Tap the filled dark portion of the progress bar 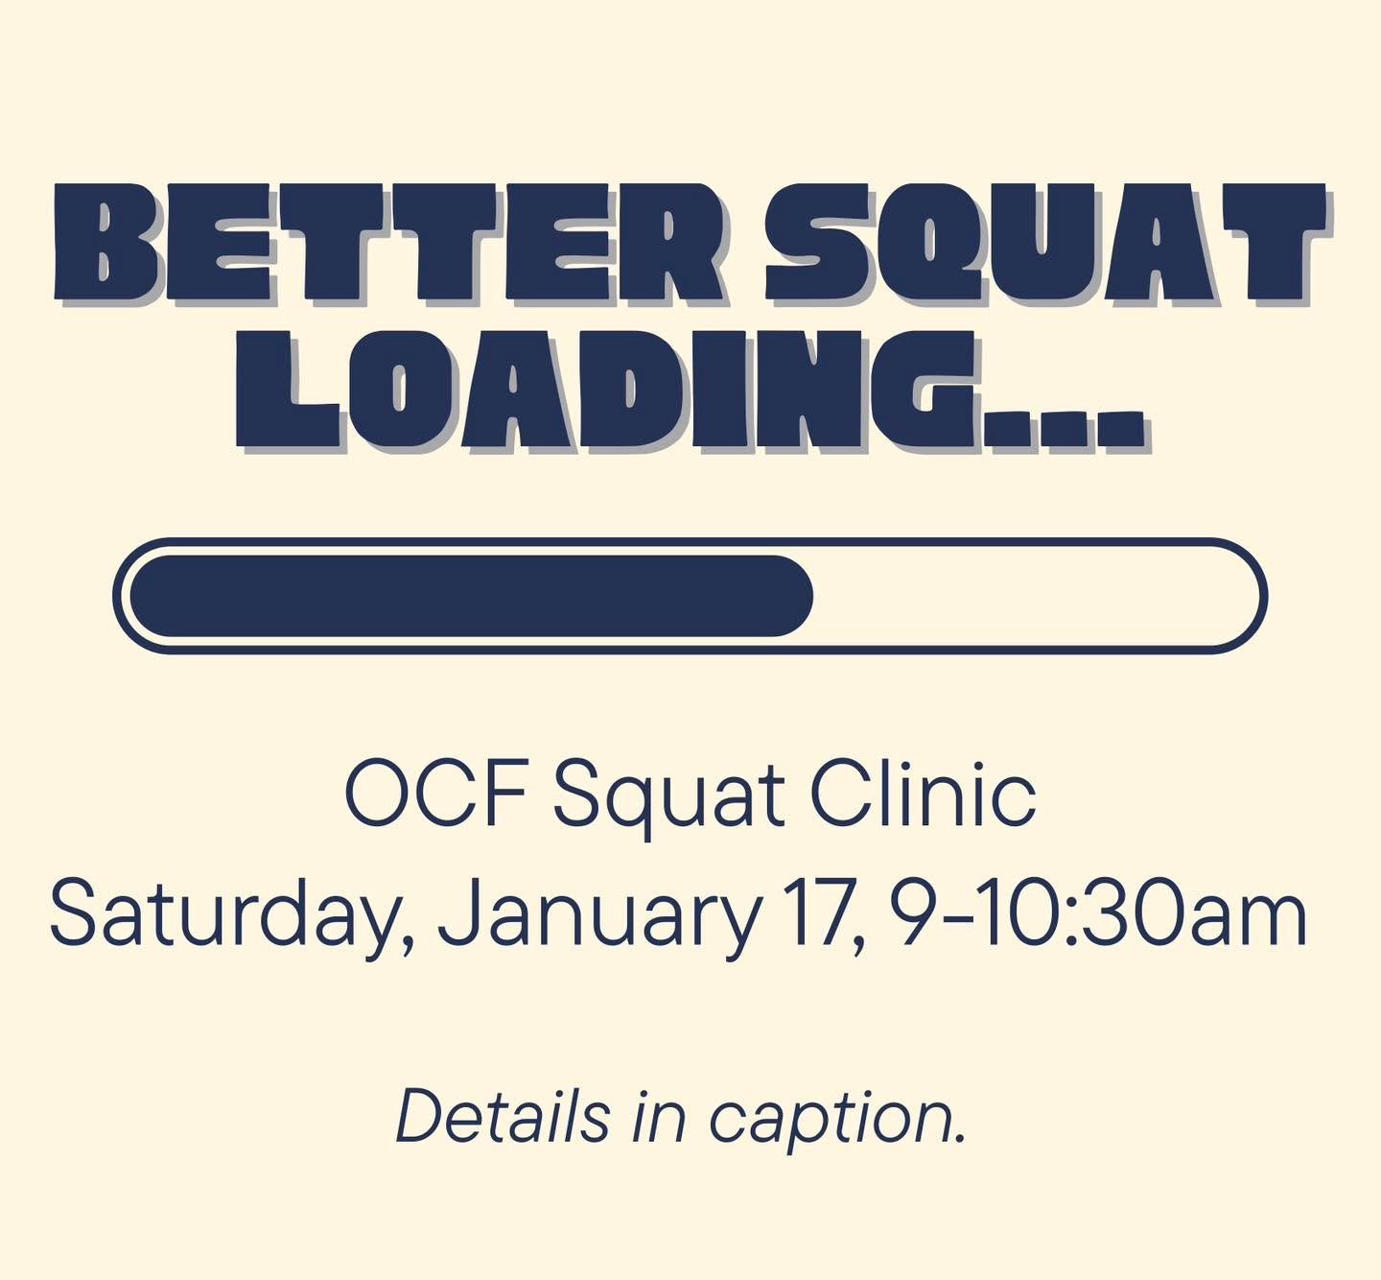(470, 595)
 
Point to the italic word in (658, 1118)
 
